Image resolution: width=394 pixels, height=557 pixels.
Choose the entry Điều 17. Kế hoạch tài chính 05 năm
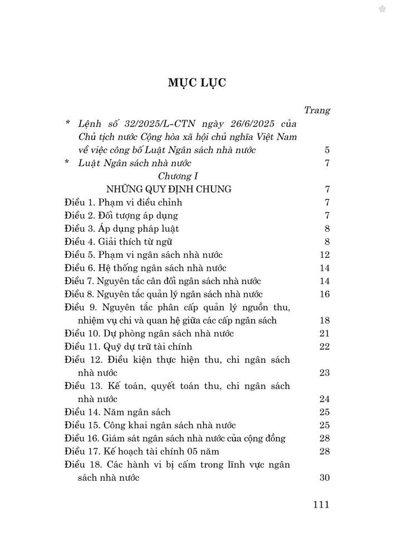(146, 452)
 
